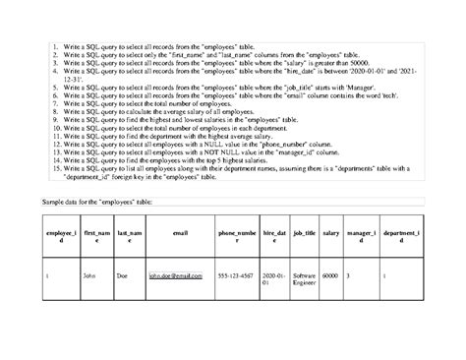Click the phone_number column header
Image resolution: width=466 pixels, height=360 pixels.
click(x=235, y=236)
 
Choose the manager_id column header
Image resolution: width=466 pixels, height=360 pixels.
click(x=360, y=236)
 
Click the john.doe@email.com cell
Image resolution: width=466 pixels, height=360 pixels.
click(x=175, y=275)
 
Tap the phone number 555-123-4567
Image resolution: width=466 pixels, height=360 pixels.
click(x=235, y=275)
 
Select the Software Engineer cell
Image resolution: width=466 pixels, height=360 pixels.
click(x=303, y=279)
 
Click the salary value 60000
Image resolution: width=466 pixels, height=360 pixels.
click(x=330, y=275)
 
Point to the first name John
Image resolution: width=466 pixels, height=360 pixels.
click(x=89, y=275)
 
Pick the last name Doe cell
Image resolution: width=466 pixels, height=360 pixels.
click(x=124, y=275)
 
